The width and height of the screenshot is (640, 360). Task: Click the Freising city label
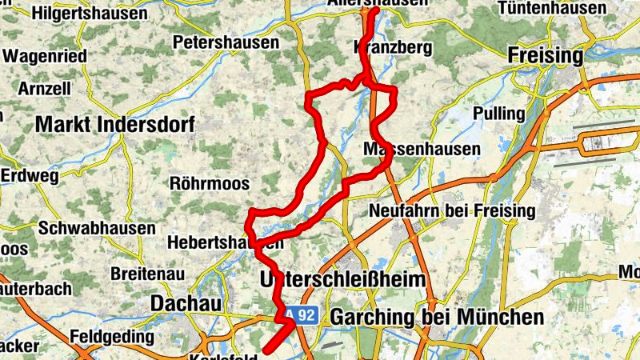coord(546,56)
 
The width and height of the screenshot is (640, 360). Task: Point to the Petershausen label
coord(226,42)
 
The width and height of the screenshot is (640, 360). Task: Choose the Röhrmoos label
coord(210,183)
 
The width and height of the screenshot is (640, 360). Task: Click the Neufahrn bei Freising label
coord(451,211)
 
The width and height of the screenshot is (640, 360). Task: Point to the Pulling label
coord(498,114)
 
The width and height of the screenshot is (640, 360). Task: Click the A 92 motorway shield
coord(303,315)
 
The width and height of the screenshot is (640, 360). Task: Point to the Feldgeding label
coord(112,336)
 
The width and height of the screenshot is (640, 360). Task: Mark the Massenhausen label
coord(422,150)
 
